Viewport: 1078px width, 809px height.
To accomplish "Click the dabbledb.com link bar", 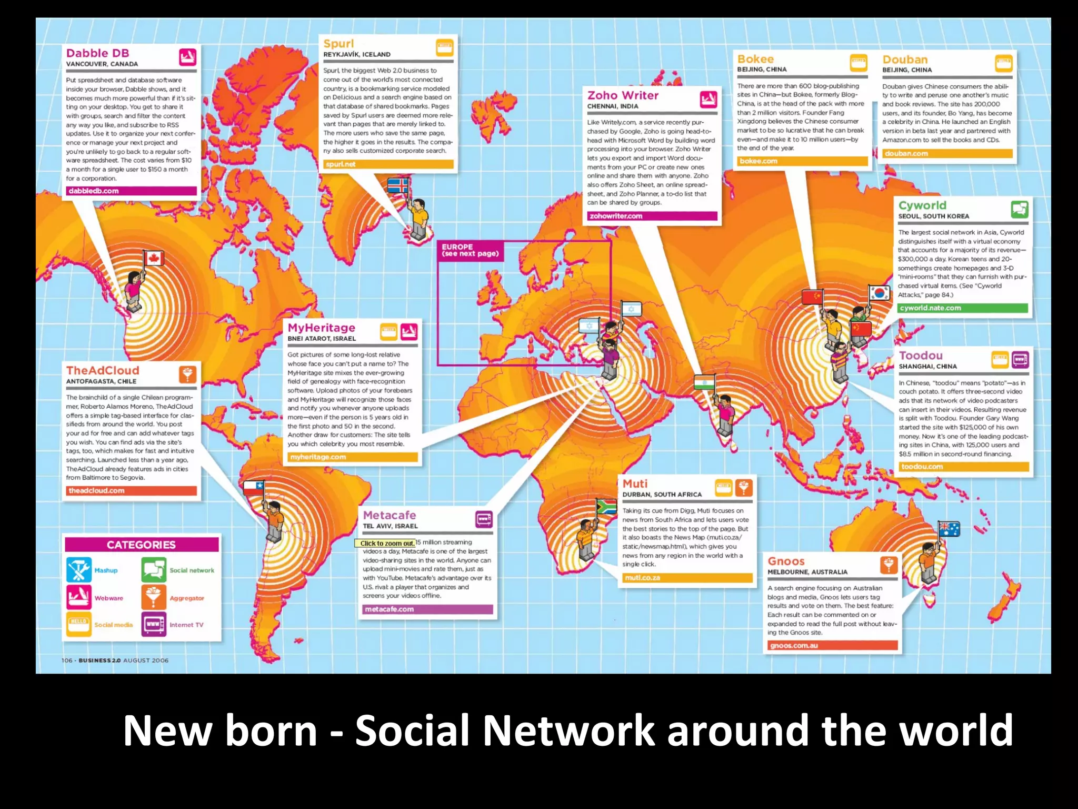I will click(131, 191).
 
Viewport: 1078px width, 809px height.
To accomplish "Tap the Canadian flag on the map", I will click(154, 258).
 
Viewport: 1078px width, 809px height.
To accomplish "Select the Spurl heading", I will click(338, 44).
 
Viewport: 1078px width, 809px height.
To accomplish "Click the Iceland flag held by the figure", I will click(397, 185).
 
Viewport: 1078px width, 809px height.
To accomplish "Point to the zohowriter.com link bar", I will click(652, 216).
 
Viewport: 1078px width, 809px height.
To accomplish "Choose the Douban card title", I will click(905, 60).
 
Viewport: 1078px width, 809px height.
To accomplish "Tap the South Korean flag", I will click(879, 292).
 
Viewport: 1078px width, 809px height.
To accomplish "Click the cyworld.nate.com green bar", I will click(963, 308).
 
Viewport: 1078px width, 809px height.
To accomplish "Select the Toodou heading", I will click(921, 356).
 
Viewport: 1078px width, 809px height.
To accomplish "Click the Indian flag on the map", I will click(704, 382).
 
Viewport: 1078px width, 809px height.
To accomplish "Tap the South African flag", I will click(606, 507).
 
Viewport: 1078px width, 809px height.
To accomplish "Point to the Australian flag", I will click(949, 528).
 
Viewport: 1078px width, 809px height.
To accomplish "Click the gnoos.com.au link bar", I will click(832, 645).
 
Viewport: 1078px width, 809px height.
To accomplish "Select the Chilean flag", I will click(253, 488).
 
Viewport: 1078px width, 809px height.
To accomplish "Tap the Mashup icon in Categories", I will click(79, 570).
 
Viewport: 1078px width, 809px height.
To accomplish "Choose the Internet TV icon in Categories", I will click(154, 624).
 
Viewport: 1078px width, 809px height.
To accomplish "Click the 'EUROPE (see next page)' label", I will click(470, 250).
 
